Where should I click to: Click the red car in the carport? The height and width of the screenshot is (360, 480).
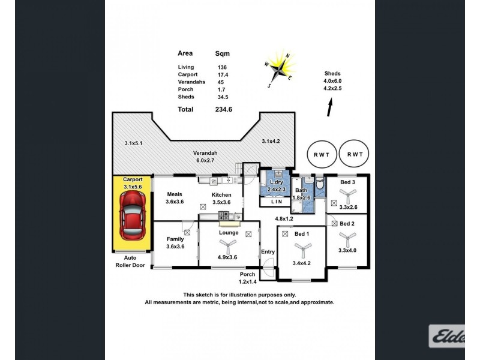click(x=132, y=215)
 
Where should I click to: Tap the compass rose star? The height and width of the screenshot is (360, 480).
click(x=279, y=69)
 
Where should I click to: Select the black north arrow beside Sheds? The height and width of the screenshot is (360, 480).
click(x=329, y=107)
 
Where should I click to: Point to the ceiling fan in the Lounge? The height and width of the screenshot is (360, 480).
click(x=228, y=245)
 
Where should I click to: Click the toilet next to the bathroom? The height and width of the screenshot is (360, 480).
click(x=320, y=184)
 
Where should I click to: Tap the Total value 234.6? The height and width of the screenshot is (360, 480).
click(x=223, y=109)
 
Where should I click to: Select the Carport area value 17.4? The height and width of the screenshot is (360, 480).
click(x=223, y=74)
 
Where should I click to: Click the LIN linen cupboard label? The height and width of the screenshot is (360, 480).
click(x=277, y=202)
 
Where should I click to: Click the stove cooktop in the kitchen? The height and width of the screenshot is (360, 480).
click(x=223, y=215)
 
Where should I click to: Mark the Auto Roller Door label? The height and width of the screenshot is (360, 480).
click(x=130, y=262)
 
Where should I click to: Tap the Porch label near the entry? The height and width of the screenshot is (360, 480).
click(x=247, y=274)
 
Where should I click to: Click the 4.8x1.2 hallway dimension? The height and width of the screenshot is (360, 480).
click(x=284, y=218)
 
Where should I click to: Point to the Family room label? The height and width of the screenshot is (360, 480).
click(x=175, y=239)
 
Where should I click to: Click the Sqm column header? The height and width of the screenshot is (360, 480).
click(x=222, y=53)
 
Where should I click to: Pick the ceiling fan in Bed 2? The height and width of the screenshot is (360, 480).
click(x=348, y=239)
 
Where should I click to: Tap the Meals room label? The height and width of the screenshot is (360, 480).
click(x=175, y=194)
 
